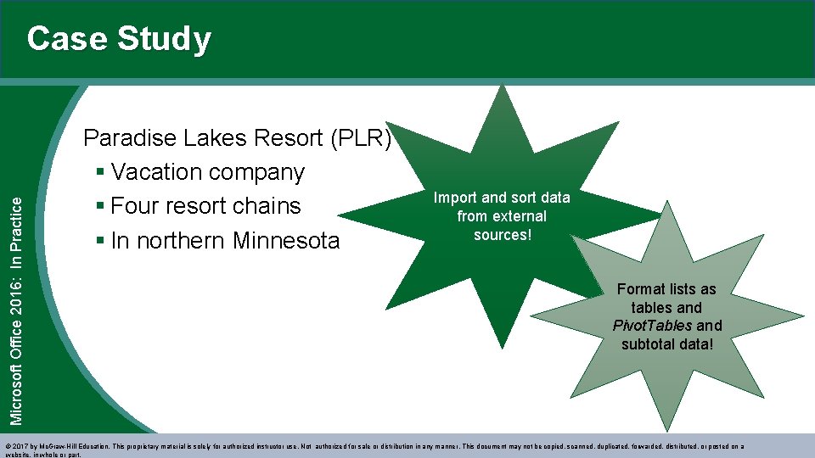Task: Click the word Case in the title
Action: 66,39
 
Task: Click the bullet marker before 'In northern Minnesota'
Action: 101,241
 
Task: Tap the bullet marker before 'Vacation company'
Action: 101,172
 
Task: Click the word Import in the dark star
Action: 456,198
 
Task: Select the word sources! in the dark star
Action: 502,235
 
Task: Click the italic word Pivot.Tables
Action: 652,326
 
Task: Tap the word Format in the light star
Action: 641,289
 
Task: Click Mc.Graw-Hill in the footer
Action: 58,446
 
